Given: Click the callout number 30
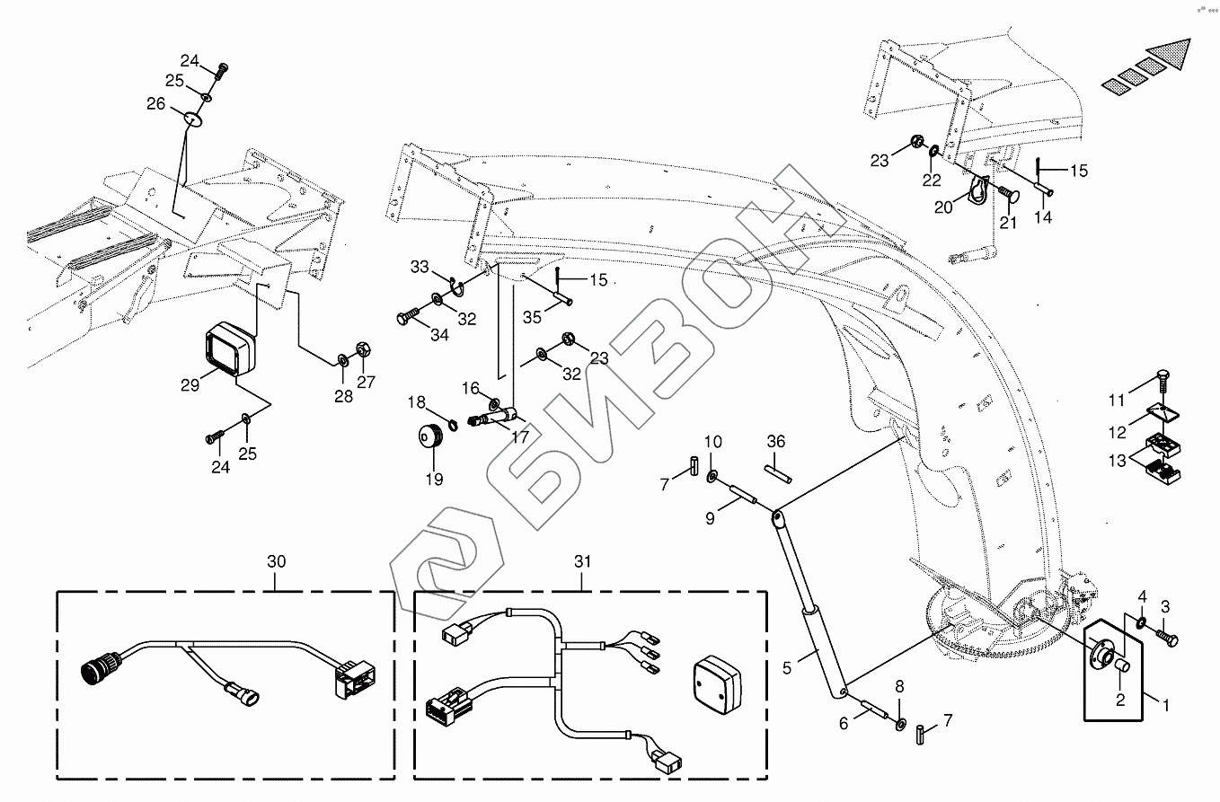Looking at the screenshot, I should [276, 561].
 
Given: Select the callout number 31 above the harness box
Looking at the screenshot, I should [584, 561].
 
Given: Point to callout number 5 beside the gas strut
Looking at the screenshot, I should [787, 667].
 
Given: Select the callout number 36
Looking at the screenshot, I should [776, 441].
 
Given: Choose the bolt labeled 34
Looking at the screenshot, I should [407, 316].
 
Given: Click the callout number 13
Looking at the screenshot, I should [1116, 463].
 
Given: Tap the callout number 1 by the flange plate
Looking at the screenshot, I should [1166, 706].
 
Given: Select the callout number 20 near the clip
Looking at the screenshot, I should [942, 208].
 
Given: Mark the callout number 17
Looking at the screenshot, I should [520, 439].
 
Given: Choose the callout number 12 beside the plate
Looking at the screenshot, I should [1116, 433].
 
